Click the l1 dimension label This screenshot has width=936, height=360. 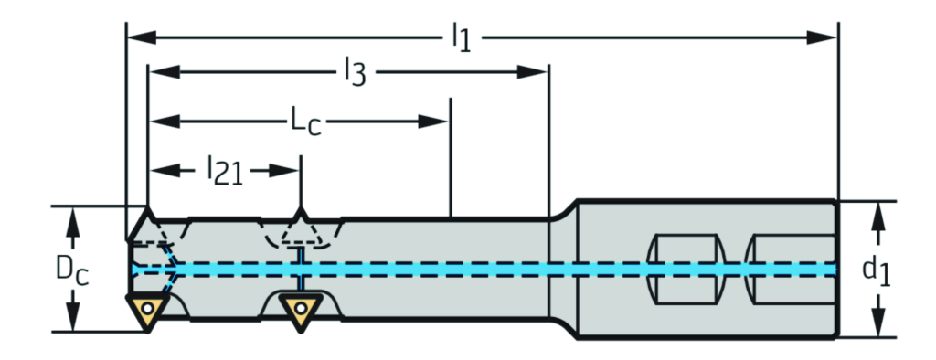tap(462, 38)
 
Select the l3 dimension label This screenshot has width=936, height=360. tap(355, 73)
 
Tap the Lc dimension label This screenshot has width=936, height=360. tap(305, 122)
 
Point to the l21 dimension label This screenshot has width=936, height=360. tap(225, 170)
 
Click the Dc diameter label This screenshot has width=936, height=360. tap(72, 270)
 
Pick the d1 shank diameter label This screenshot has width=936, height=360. tap(877, 270)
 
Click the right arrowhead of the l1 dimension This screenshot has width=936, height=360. tap(822, 37)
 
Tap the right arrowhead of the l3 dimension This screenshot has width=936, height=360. tap(532, 72)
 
